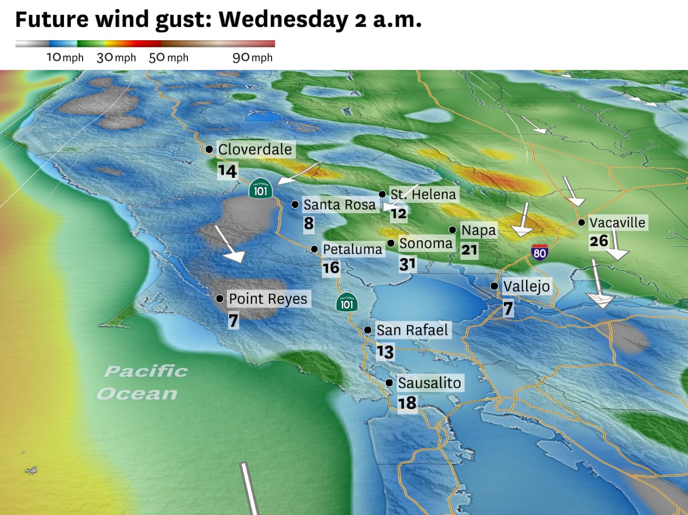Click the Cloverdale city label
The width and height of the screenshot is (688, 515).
point(255,150)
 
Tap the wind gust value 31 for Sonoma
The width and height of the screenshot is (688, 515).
point(408,264)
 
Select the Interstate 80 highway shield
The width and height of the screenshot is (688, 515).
point(539,252)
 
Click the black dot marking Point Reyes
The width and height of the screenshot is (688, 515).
point(220,299)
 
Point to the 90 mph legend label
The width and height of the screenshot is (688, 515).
point(252,58)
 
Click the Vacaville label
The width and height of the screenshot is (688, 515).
point(617,222)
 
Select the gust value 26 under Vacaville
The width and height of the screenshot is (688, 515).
point(599,241)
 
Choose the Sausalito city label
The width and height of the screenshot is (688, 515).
point(429,383)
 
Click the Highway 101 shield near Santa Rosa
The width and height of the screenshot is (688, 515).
point(260,189)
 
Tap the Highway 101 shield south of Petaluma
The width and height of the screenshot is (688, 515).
point(347,303)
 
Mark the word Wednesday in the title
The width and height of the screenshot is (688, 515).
point(283,20)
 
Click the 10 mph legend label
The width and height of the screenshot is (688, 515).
point(65,58)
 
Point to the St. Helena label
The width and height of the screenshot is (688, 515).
point(423,194)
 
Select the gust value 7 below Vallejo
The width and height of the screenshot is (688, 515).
point(508,308)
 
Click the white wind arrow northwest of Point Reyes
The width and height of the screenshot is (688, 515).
point(229,245)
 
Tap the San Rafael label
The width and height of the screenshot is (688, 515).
point(412,330)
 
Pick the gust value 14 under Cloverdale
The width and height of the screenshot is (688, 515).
point(227,171)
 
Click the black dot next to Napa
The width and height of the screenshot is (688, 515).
point(452,230)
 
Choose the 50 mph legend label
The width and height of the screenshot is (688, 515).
point(168,58)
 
